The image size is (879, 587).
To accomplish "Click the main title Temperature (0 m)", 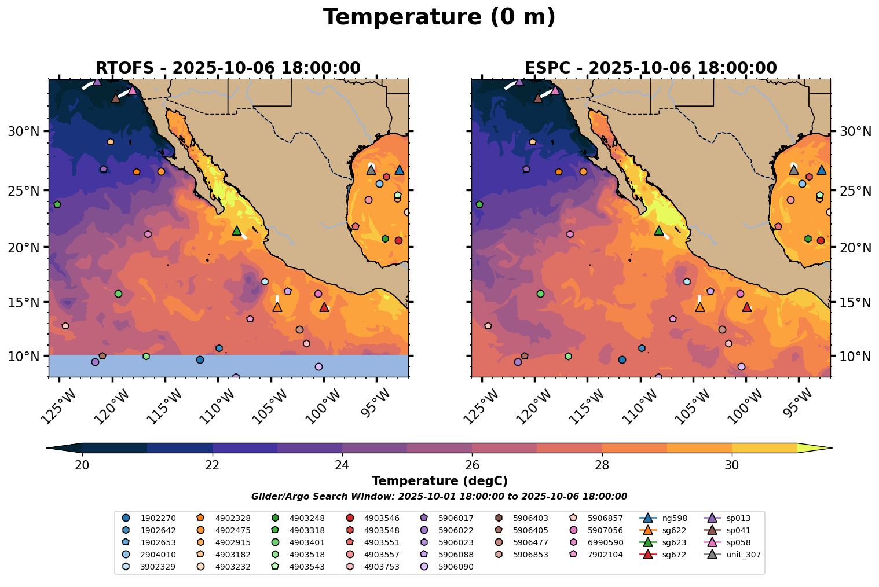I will pos(439,17).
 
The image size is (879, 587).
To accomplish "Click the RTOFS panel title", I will pos(228,68).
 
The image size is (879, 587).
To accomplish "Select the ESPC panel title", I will pos(650,68).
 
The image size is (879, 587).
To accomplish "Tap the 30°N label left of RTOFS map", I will pos(23,131).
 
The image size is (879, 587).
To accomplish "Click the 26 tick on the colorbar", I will pos(472,465).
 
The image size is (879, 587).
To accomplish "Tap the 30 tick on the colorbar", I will pos(732,465).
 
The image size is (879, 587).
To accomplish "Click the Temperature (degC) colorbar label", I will pos(439,481).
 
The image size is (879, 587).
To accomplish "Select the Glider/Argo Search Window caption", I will pos(439,497).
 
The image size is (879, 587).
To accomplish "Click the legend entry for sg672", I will pos(659,555).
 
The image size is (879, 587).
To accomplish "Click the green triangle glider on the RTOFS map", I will pos(236,231).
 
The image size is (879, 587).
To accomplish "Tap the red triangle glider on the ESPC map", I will pos(746,307).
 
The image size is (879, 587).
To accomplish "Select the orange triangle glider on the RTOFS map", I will pos(277,307).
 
